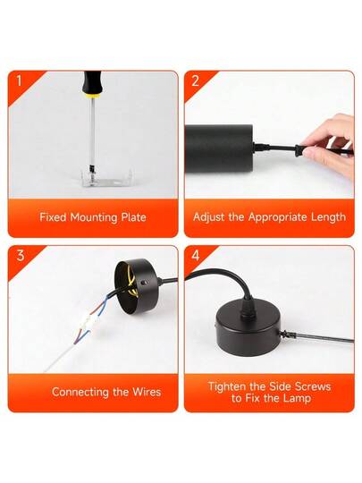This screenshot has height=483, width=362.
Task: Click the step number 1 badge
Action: tap(20, 81)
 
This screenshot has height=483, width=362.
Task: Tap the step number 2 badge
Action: tap(196, 81)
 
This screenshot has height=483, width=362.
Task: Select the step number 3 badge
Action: tap(21, 255)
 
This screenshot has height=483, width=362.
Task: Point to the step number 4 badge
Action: tap(196, 255)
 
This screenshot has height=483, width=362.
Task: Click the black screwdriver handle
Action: tap(91, 82)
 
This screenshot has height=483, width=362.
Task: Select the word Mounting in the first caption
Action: tap(94, 217)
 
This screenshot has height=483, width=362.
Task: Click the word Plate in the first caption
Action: tap(133, 217)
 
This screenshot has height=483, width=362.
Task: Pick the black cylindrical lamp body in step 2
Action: tap(219, 147)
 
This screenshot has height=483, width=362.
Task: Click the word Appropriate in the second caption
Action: tap(277, 217)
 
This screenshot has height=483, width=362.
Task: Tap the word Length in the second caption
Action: tap(328, 216)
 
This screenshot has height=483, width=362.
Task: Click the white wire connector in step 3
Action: tap(90, 322)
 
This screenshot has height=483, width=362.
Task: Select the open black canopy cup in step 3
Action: tap(136, 286)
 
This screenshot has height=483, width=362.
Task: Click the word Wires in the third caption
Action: tap(147, 392)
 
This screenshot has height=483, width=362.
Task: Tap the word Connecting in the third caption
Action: tap(80, 392)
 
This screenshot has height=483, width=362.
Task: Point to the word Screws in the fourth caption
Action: tap(313, 386)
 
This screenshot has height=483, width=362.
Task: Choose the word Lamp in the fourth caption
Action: tap(297, 399)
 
